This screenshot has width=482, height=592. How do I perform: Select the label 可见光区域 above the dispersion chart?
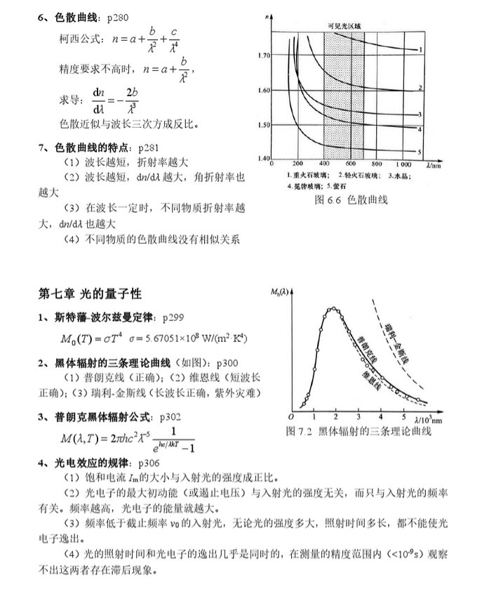(x=343, y=26)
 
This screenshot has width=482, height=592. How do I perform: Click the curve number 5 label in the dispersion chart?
(x=419, y=152)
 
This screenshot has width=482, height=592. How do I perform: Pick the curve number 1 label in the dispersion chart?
(x=420, y=50)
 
